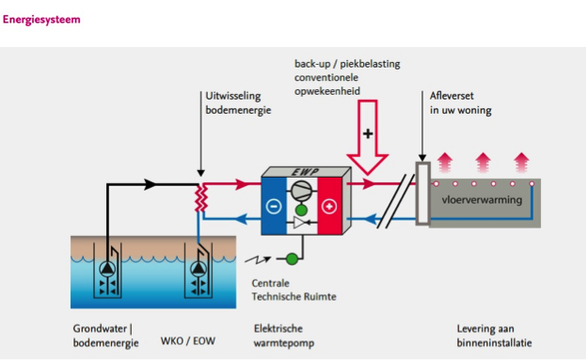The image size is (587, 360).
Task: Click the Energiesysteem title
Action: click(x=41, y=20)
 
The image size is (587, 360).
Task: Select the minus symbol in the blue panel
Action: click(x=274, y=206)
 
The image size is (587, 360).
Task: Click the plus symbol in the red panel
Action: click(x=329, y=206)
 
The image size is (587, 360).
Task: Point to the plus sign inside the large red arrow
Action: click(x=368, y=133)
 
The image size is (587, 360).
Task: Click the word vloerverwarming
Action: click(x=482, y=199)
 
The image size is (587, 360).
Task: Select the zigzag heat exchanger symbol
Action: click(x=201, y=197)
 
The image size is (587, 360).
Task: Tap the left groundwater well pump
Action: click(x=107, y=268)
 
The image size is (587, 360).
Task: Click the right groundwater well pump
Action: click(x=198, y=268)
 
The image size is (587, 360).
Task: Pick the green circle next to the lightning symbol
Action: click(x=292, y=258)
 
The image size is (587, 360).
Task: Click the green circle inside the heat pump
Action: click(x=301, y=210)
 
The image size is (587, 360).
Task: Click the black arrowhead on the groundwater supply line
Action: click(x=151, y=184)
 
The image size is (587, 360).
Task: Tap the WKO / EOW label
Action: click(x=188, y=341)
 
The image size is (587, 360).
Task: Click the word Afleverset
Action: click(x=452, y=96)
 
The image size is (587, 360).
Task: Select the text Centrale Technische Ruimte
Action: click(x=293, y=290)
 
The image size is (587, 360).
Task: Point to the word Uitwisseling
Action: click(x=233, y=96)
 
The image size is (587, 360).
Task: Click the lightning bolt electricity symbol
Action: click(x=258, y=259)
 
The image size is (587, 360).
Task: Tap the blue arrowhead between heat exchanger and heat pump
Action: click(x=242, y=219)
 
